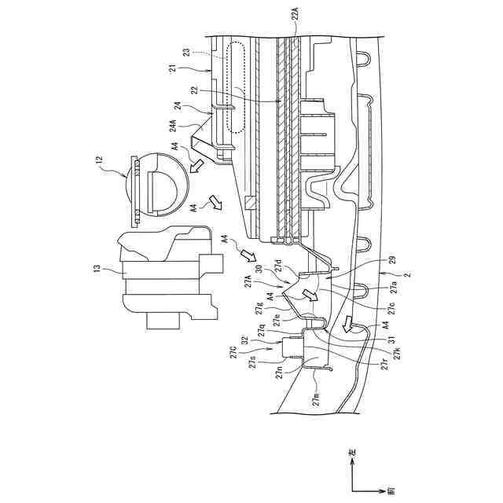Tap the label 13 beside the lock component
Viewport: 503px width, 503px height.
[96, 270]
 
